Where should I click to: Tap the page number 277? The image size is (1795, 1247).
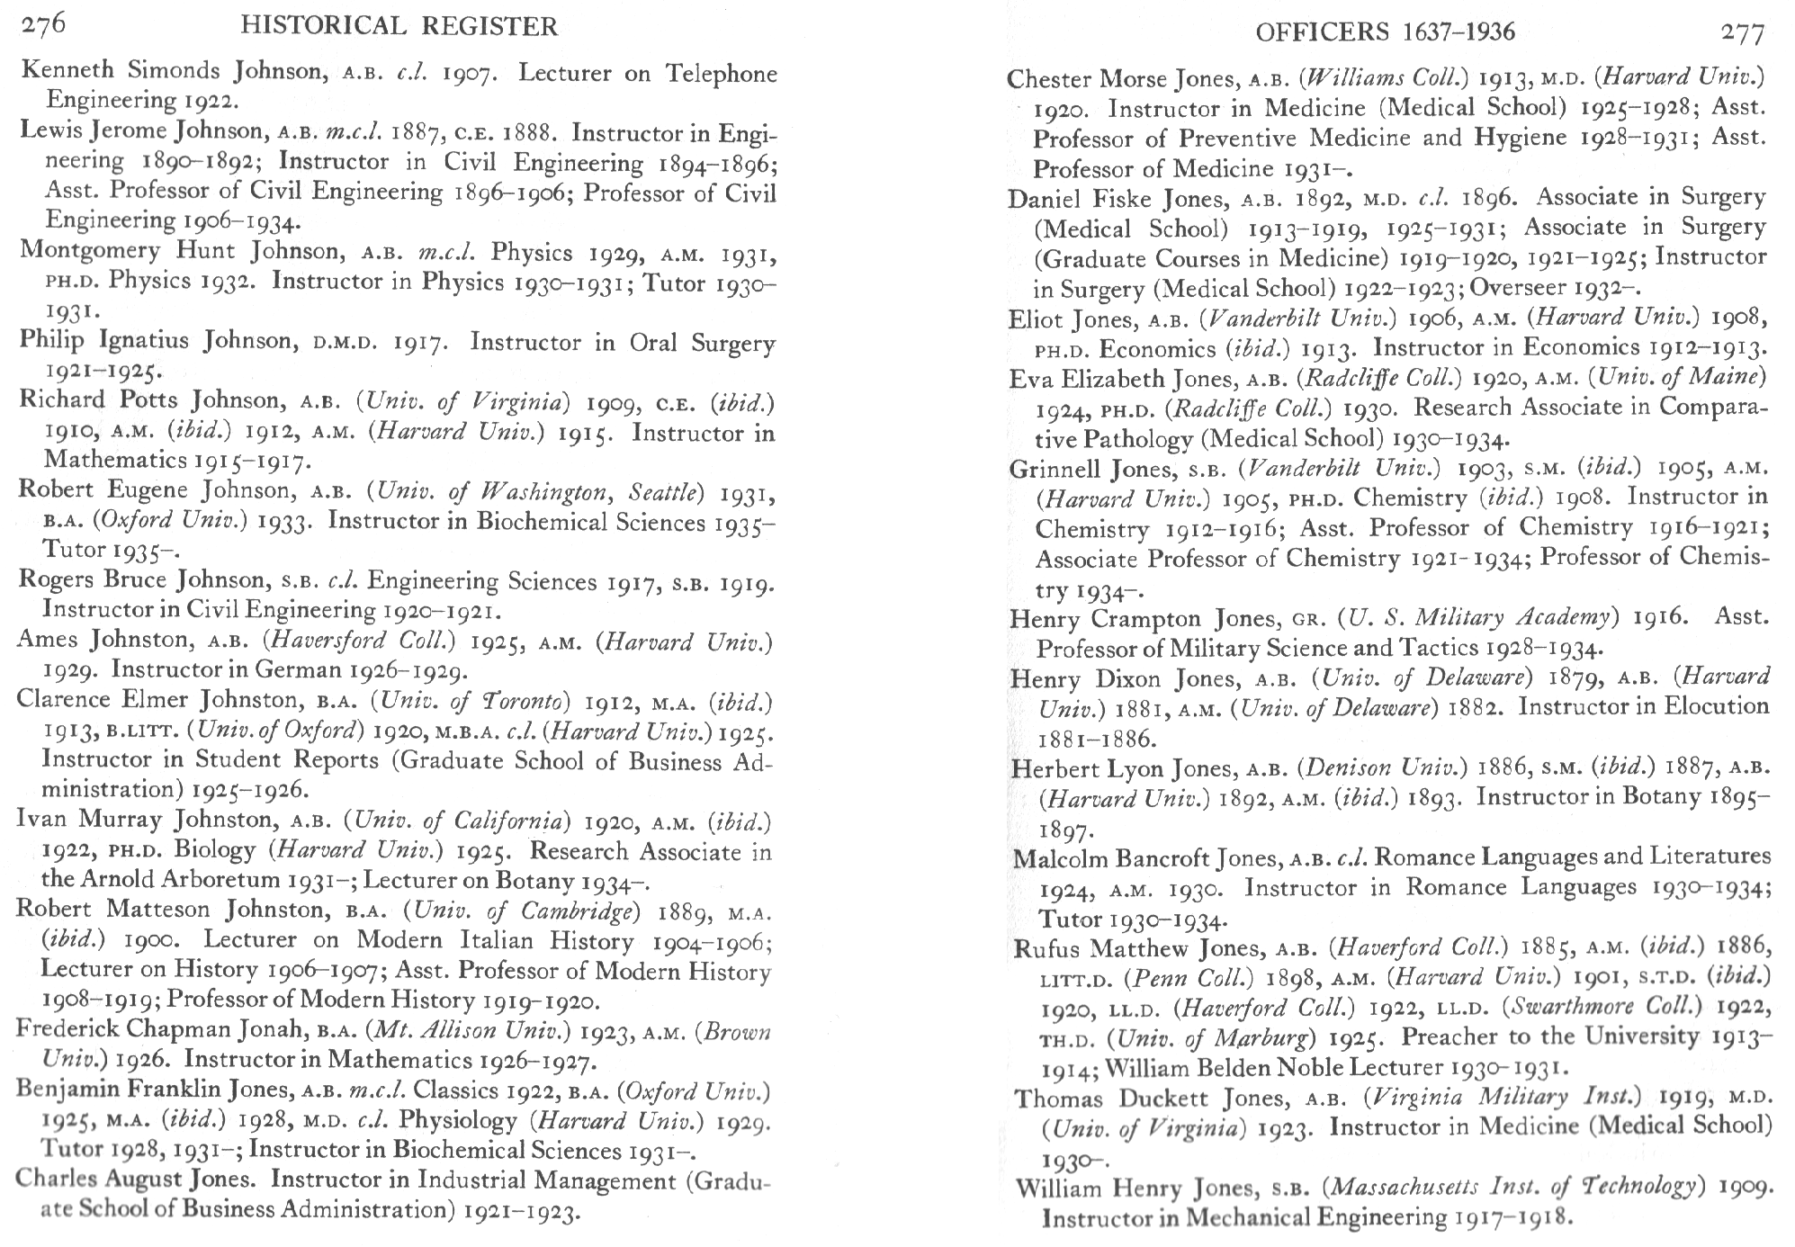click(1743, 33)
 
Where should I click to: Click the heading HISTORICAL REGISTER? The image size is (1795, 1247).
click(399, 27)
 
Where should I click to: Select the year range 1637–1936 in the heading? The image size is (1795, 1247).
click(1458, 32)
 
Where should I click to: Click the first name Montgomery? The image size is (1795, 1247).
click(90, 250)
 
